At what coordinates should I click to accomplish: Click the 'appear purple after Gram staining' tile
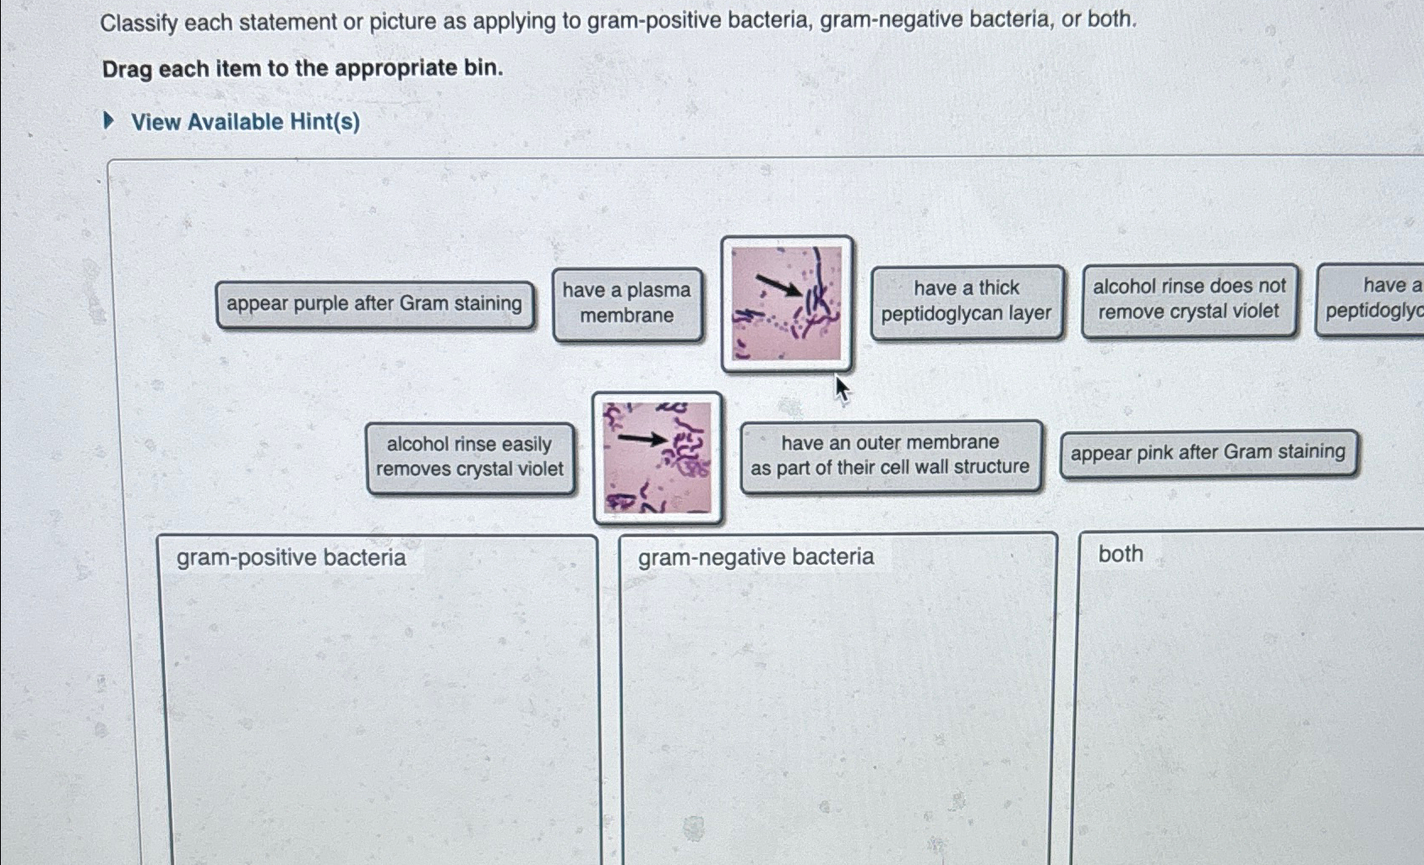coord(374,304)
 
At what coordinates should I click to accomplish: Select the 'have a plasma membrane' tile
coord(627,304)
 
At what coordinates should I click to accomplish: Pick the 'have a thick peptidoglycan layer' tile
coord(966,301)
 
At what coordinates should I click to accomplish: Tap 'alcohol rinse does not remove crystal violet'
coord(1189,299)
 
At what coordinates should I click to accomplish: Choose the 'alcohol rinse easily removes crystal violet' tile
coord(470,457)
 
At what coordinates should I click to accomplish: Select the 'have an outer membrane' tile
coord(890,456)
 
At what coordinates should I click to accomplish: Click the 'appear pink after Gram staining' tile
coord(1208,453)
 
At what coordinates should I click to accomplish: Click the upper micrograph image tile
coord(787,304)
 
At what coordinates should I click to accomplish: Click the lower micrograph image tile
coord(657,457)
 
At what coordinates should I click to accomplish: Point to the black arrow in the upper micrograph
coord(778,286)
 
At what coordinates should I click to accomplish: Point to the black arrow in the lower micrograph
coord(642,439)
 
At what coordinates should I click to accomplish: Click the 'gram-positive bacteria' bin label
coord(291,558)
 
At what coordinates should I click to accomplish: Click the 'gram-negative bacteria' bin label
coord(756,557)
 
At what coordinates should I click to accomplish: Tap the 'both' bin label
coord(1121,554)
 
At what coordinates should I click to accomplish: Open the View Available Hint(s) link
coord(245,123)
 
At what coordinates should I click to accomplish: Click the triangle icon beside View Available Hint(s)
coord(108,121)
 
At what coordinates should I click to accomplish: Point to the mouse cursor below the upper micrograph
coord(842,390)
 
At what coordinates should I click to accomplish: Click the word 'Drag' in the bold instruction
coord(128,68)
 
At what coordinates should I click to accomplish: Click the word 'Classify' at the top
coord(139,23)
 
